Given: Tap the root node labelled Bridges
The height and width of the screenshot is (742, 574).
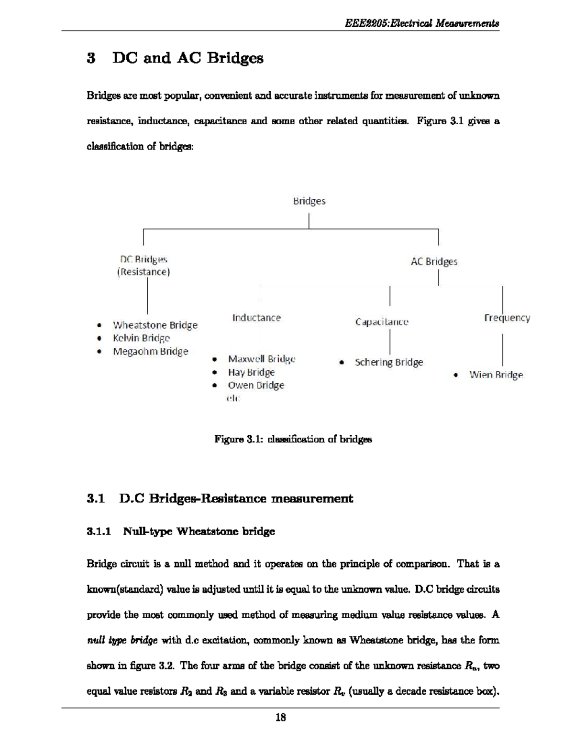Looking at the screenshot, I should click(x=309, y=201).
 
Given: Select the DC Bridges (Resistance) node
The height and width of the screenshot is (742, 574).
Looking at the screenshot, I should click(x=143, y=266).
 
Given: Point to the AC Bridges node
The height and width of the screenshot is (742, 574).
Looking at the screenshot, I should click(x=434, y=261).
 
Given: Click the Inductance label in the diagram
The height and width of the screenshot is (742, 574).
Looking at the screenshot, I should click(x=256, y=318).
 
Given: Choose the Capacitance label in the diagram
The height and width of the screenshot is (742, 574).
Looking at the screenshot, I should click(x=382, y=322).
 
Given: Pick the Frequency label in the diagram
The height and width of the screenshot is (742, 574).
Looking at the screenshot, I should click(x=507, y=318).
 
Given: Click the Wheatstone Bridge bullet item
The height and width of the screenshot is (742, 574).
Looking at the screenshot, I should click(x=155, y=325).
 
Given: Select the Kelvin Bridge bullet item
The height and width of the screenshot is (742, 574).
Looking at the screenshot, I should click(x=142, y=338).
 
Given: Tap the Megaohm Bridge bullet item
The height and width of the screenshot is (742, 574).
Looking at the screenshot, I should click(x=150, y=351).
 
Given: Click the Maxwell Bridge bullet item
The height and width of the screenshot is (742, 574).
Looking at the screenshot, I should click(x=261, y=359).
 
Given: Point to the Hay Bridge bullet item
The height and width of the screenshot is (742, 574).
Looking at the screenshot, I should click(x=251, y=372).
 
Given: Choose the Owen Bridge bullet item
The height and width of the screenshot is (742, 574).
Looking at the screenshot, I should click(x=256, y=385).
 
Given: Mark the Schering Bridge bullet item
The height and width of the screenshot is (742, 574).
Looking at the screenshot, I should click(x=388, y=362).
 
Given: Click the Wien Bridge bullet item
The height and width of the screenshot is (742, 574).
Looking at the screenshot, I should click(x=496, y=375).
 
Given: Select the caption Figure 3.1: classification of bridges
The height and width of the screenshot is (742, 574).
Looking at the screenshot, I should click(x=293, y=439).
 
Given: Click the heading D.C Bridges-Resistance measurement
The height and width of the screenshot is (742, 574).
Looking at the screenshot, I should click(x=220, y=498).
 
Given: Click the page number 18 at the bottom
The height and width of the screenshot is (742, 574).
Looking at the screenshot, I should click(x=281, y=717).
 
